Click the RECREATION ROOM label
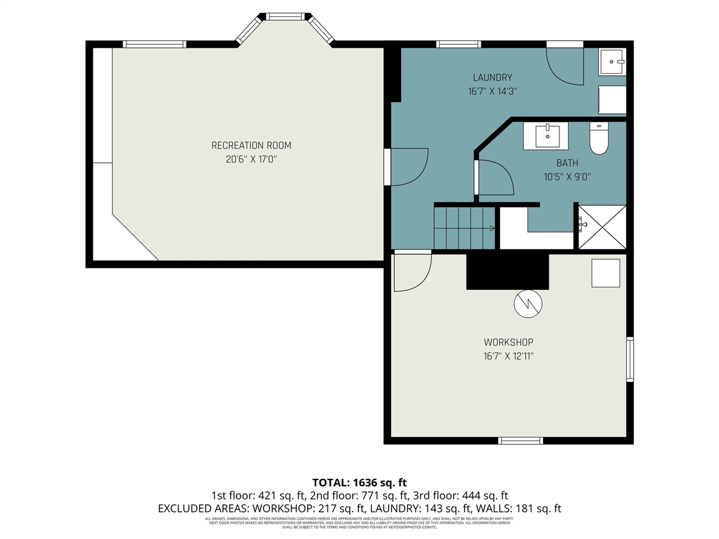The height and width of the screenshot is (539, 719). [251, 145]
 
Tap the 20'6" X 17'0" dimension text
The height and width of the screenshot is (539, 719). [251, 159]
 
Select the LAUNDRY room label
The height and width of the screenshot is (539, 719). [492, 77]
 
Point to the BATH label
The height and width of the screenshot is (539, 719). [567, 163]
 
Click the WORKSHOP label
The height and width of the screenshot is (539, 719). [508, 342]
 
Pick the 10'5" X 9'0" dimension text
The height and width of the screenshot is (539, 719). [567, 177]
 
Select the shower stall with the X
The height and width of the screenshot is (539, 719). [602, 227]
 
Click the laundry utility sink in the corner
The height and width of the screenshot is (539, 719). [611, 62]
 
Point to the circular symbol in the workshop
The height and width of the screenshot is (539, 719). [528, 304]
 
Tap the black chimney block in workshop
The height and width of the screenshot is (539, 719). [507, 272]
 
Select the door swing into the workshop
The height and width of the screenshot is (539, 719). [411, 272]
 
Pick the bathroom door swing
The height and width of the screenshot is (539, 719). [494, 178]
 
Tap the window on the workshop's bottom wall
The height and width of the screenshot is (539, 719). [521, 441]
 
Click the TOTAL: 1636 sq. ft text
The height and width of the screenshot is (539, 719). [359, 482]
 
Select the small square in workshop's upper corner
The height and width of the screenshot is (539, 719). [606, 273]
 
